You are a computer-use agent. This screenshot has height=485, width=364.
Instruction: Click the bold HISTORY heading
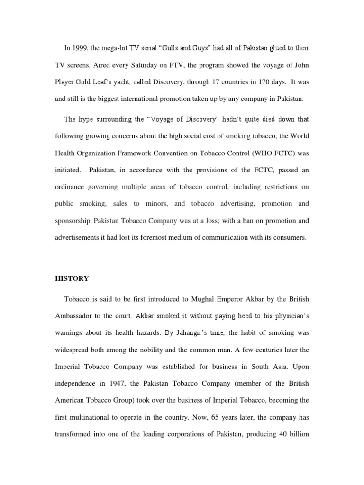[x=73, y=278]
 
